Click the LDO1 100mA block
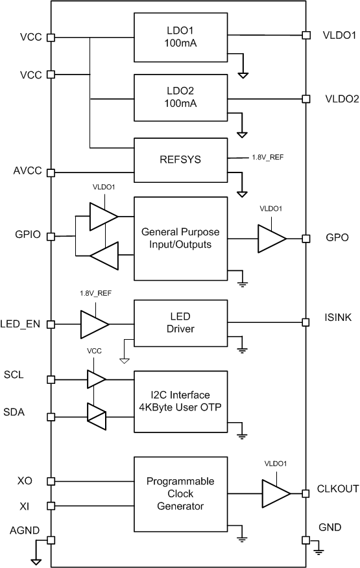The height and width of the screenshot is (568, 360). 180,37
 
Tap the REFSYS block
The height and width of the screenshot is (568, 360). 180,160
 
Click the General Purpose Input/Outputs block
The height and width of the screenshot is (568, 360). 180,238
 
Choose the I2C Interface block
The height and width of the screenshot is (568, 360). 180,401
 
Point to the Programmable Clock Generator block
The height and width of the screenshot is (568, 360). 180,493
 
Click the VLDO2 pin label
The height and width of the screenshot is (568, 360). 342,99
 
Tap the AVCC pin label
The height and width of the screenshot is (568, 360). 27,172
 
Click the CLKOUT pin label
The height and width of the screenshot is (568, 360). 338,489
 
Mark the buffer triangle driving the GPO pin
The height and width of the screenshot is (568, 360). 270,239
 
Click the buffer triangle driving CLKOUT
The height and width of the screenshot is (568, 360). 275,493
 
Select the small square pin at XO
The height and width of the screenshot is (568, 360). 51,481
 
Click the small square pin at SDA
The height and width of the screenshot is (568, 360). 51,415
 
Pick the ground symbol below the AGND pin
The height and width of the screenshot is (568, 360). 36,562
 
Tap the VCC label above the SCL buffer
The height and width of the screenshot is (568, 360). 94,351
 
